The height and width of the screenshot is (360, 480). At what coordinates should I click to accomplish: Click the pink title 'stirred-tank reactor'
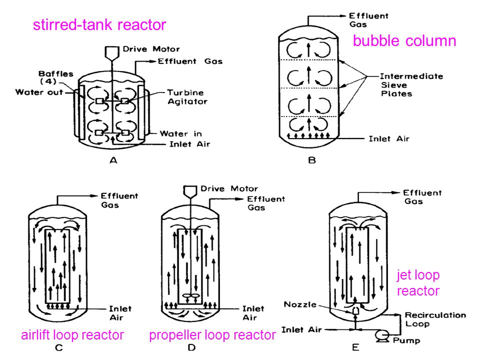point(99,25)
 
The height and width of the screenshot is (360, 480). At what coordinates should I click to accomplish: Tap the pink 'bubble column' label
point(404,40)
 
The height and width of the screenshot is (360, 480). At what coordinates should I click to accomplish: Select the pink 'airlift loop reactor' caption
point(72,335)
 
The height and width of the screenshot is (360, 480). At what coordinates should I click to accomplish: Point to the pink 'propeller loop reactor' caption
point(212,335)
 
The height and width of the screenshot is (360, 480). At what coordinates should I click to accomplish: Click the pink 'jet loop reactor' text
point(418,283)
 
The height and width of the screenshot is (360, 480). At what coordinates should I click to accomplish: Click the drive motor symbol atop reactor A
point(111,52)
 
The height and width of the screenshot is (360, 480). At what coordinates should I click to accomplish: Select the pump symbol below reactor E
point(382,336)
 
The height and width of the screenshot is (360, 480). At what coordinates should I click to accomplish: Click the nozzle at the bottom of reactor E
point(355,310)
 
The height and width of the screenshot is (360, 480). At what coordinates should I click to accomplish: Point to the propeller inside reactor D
point(190,296)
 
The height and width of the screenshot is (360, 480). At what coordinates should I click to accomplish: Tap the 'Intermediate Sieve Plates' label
point(411,85)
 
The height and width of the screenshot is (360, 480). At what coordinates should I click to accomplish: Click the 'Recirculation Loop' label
point(435,319)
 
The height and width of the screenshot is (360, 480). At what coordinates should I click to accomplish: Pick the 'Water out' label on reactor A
point(39,92)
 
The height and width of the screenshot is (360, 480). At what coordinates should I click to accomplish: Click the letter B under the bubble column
point(312,160)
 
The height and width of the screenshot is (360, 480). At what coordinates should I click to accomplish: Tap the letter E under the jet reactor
point(355,347)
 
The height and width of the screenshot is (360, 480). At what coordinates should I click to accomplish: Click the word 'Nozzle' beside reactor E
point(300,304)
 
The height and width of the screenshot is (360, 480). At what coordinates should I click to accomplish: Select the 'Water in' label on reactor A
point(180,134)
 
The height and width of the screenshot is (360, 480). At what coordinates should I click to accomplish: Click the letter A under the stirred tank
point(113,160)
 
